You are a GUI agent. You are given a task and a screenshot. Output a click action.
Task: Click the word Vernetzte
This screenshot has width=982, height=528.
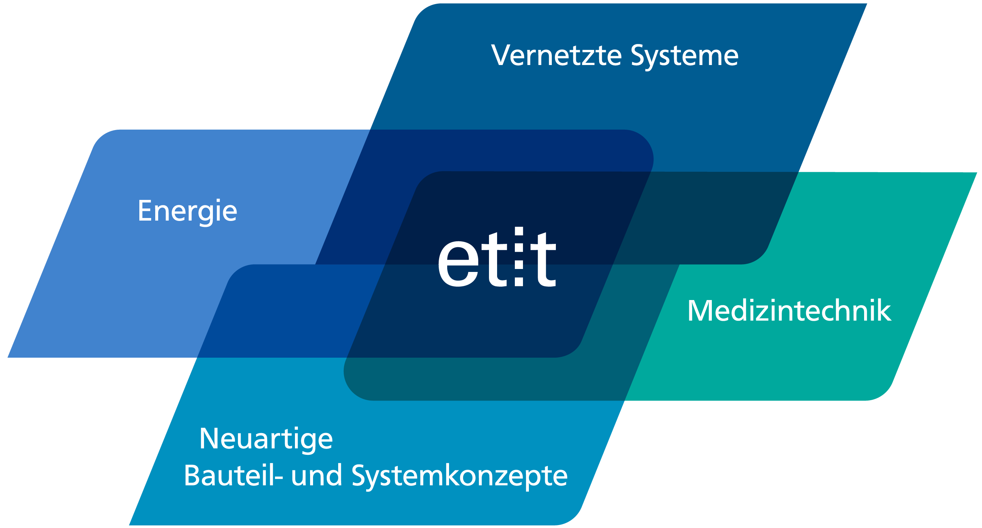tap(557, 55)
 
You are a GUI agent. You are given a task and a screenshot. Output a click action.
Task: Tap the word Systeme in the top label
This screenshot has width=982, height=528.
tap(684, 57)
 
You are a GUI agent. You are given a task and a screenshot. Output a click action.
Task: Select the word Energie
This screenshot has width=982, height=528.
tap(187, 212)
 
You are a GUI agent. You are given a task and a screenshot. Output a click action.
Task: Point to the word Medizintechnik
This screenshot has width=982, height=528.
tap(789, 310)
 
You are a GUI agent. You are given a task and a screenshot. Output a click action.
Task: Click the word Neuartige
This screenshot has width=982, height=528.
tap(266, 440)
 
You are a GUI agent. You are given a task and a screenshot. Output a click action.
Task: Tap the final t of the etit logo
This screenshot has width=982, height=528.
tap(543, 259)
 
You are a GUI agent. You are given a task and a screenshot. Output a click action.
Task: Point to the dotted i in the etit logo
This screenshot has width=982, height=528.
tap(519, 256)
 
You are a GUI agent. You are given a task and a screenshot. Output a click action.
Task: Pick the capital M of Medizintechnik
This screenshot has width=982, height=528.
tap(700, 311)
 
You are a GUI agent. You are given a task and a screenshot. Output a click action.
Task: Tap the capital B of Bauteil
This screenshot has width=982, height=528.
tap(192, 476)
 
